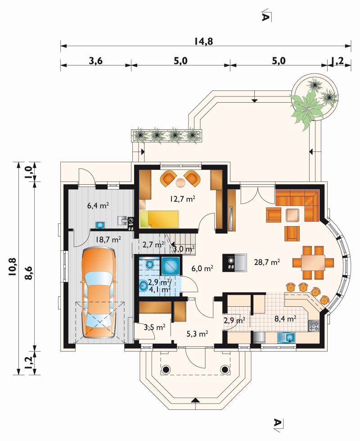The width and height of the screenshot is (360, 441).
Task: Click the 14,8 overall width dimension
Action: coord(203,41)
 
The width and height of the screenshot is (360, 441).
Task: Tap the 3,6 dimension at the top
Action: coord(95,61)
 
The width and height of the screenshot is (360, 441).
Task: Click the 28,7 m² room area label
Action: coord(267,262)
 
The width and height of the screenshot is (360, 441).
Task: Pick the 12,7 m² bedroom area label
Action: coord(182,199)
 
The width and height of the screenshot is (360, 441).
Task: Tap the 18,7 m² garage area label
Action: coord(108,240)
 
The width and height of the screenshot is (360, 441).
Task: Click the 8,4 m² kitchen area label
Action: coord(285,318)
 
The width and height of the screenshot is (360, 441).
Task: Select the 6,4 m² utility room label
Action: coord(98,205)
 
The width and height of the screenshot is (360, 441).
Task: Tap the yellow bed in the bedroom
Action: coord(159,219)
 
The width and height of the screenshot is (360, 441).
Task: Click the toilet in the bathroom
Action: coord(149,264)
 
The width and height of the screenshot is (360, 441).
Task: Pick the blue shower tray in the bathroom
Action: coord(170,266)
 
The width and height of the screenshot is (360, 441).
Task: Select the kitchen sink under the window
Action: coord(286,337)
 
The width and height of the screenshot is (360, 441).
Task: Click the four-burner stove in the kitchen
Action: coord(314,326)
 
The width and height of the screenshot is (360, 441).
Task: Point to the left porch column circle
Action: coord(166,369)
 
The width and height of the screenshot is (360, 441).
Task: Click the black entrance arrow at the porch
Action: coord(196,400)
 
